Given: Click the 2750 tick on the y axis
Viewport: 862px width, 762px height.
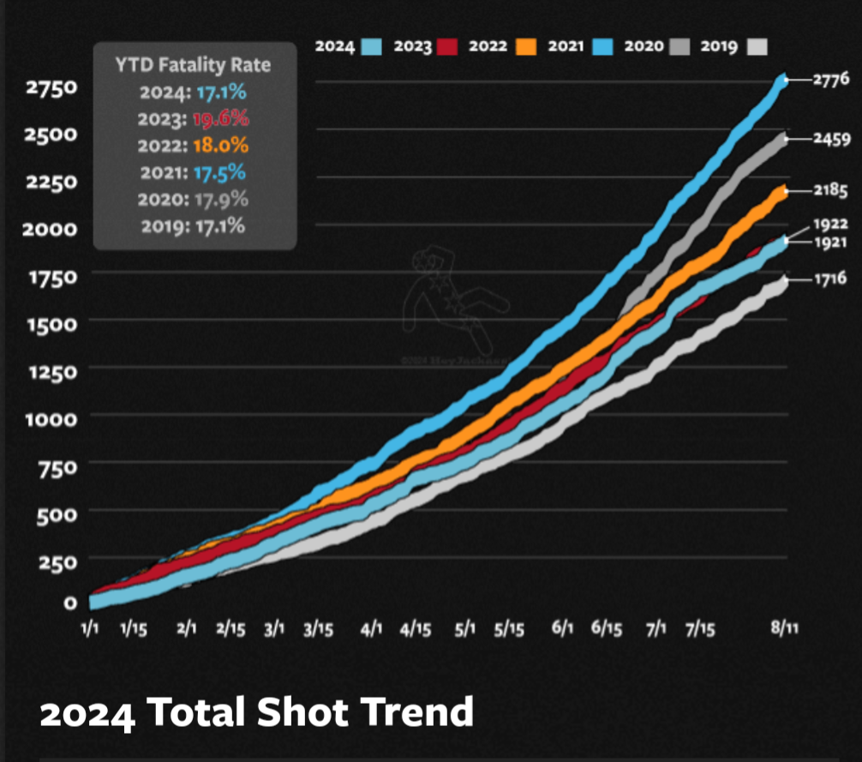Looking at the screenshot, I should pos(52,87).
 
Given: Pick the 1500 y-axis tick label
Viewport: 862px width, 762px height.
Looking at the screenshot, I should pos(52,323).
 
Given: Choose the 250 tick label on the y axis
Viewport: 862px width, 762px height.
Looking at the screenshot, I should pos(58,561).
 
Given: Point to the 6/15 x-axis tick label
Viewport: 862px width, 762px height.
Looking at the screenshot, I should pos(606,628).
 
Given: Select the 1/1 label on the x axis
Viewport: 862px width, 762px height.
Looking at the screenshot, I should pos(89,628).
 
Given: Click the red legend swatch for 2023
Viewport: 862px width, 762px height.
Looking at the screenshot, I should pos(447,46).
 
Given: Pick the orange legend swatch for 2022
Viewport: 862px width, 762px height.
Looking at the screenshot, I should pos(526,46).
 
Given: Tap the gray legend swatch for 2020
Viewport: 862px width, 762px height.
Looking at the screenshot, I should pos(679,46).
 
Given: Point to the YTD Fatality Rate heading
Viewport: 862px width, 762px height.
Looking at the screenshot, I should pos(194,64).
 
